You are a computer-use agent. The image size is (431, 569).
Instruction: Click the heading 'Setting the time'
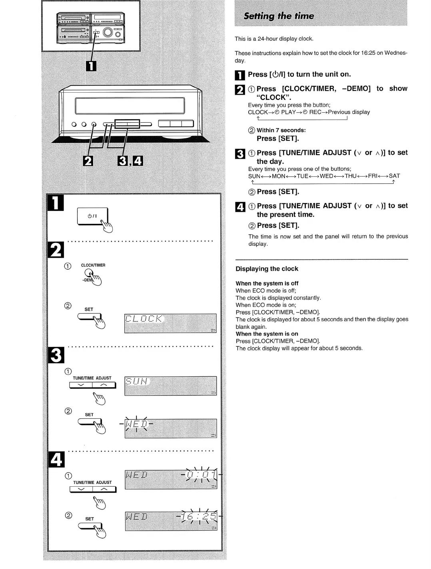click(x=279, y=16)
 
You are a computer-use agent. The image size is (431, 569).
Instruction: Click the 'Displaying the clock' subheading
click(x=267, y=269)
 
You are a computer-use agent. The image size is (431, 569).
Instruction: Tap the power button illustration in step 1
click(x=92, y=216)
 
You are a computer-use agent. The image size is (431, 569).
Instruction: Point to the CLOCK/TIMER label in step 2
click(x=93, y=265)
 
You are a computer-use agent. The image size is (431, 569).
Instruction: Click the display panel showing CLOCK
click(x=170, y=323)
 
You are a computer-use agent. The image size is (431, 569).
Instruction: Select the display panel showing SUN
click(x=170, y=386)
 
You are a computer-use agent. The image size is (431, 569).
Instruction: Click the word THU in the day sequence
click(x=350, y=176)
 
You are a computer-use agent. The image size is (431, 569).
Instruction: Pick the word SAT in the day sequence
click(x=394, y=176)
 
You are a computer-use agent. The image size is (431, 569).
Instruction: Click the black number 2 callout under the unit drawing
click(x=88, y=161)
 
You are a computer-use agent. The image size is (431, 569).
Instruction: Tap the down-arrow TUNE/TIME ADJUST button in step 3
click(x=81, y=385)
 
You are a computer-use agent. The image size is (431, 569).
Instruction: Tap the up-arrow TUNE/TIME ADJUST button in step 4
click(x=104, y=489)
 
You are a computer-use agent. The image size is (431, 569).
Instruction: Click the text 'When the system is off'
click(x=267, y=283)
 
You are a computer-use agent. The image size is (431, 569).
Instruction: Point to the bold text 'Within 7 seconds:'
click(x=281, y=130)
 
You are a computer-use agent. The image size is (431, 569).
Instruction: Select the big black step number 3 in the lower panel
click(x=56, y=355)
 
